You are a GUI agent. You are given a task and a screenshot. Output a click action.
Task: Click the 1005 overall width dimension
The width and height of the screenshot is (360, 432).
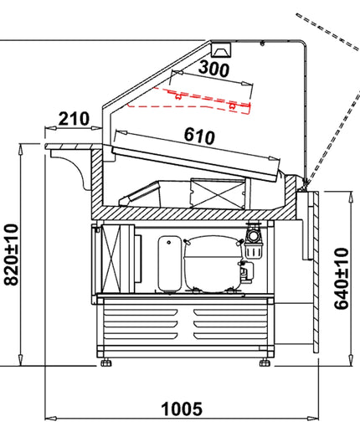point(182,409)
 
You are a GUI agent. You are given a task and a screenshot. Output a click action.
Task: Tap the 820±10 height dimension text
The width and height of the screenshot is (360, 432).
point(11,255)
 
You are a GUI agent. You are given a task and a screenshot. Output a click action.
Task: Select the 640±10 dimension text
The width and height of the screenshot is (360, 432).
point(342,279)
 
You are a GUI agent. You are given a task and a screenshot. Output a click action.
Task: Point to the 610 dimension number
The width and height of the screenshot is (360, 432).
point(199,136)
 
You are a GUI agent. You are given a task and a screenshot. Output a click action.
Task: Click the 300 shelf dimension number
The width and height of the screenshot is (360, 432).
point(213,69)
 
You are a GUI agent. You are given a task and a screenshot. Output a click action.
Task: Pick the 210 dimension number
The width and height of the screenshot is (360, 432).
point(74,119)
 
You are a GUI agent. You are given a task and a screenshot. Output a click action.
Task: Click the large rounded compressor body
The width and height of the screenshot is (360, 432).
point(213,264)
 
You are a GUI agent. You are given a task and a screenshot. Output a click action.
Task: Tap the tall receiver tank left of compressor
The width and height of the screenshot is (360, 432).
point(169,264)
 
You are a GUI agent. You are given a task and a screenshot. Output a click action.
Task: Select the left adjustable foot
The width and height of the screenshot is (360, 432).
point(106,363)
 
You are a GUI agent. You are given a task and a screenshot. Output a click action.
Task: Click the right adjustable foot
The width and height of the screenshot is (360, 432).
point(265,363)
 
